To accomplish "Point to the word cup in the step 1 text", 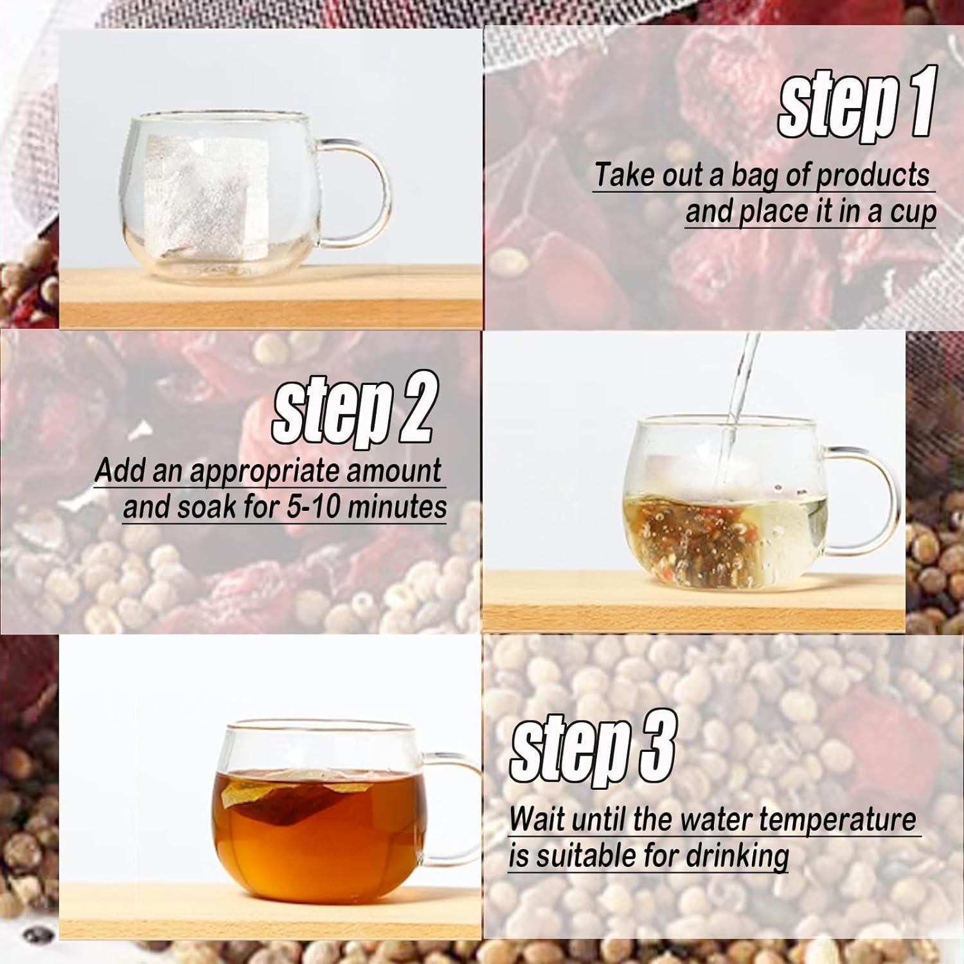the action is pos(912,214).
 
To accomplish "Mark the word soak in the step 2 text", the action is pos(209,507).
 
